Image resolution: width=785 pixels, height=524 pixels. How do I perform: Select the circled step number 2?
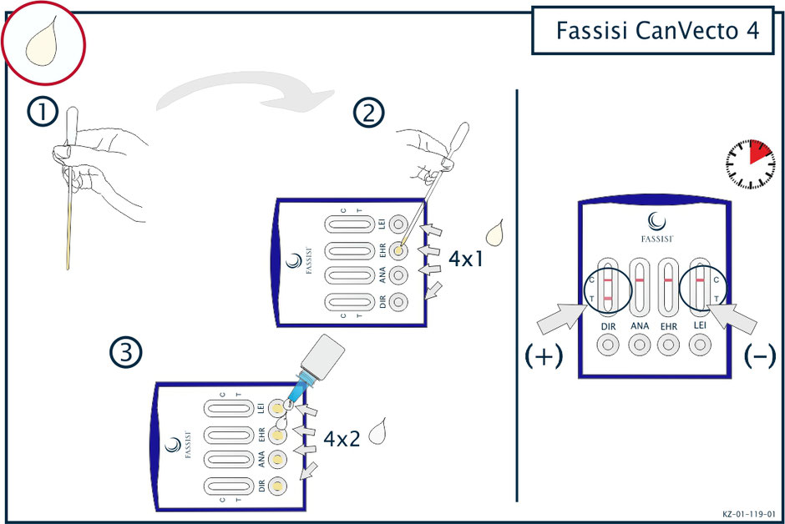367,113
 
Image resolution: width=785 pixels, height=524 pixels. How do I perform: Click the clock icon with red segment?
750,162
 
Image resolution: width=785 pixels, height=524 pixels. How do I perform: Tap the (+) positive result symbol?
544,356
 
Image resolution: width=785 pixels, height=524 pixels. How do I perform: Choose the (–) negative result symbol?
759,356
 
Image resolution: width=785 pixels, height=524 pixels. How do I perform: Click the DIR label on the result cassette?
609,326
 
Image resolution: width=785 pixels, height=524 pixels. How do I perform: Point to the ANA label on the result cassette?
640,326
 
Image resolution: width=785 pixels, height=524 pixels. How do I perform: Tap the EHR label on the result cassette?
670,326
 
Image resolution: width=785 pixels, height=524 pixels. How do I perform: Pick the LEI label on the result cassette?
700,326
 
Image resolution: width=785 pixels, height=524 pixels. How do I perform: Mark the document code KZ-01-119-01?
749,514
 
